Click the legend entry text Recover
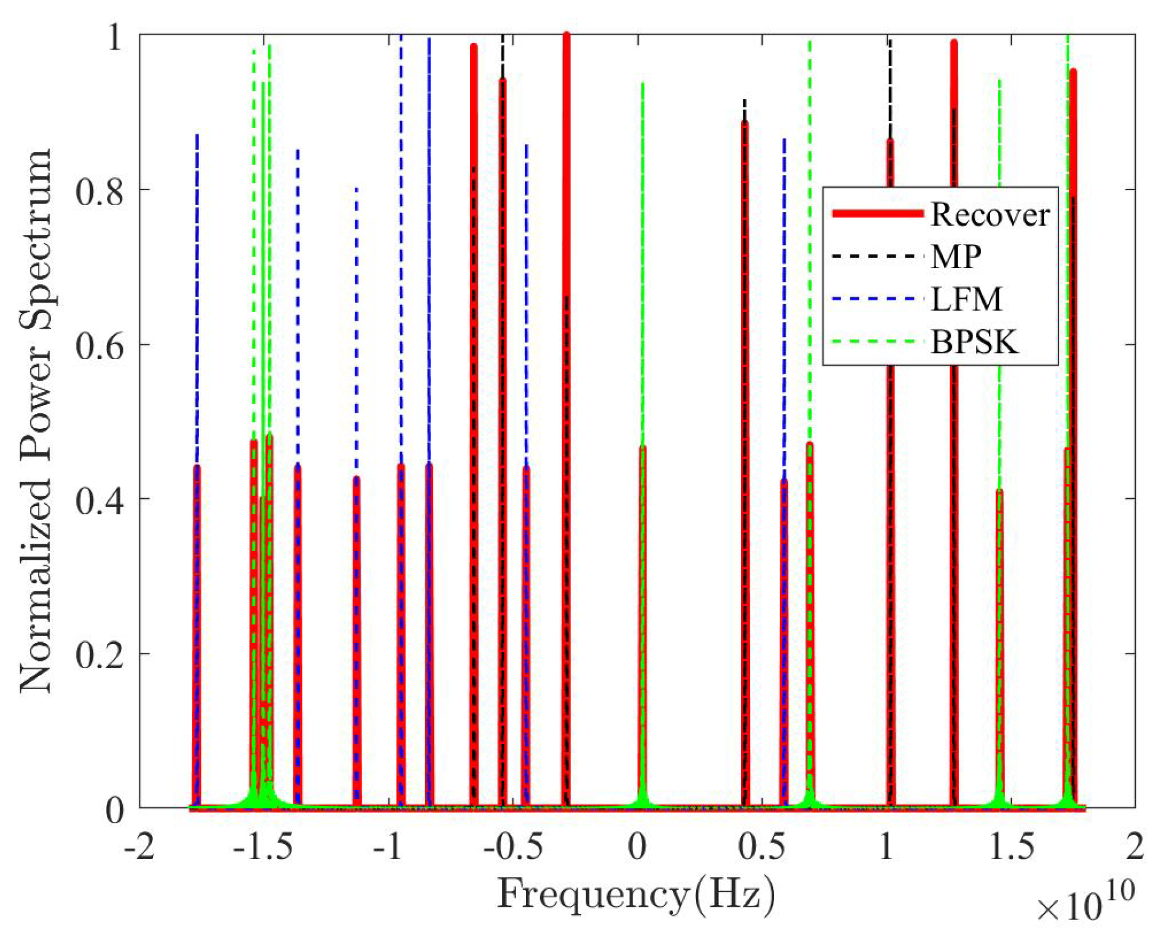(x=989, y=214)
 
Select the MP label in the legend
(x=956, y=257)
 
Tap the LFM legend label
(x=966, y=299)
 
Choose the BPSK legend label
(x=974, y=342)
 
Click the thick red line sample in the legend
(x=878, y=213)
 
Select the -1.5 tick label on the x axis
(x=262, y=846)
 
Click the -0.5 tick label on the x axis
(x=512, y=846)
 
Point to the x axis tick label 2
(x=1135, y=846)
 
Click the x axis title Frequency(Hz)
(x=636, y=895)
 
